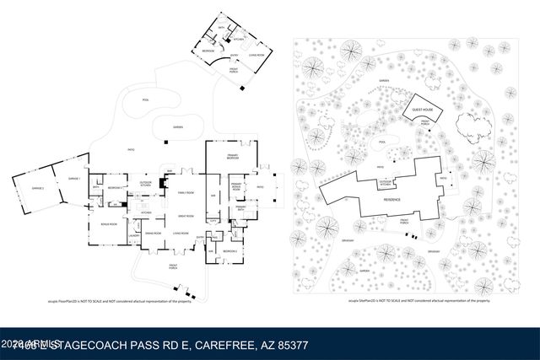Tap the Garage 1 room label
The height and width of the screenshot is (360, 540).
coord(74,179)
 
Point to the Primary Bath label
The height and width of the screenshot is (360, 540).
coord(240,207)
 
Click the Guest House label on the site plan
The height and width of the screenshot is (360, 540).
coord(423,110)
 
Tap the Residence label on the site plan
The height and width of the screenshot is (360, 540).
coord(392,199)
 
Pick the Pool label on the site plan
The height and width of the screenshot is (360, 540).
coord(382,142)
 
